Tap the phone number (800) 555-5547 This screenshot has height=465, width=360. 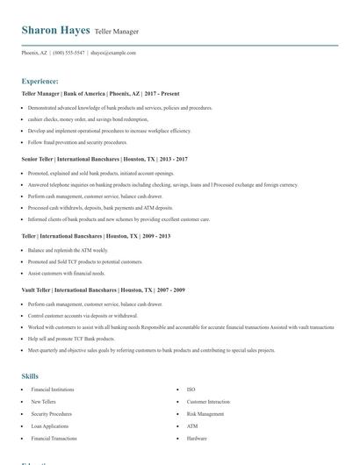pos(68,53)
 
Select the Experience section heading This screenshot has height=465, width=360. pos(40,81)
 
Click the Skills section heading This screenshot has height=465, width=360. pos(30,376)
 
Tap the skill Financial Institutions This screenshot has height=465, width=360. pos(53,389)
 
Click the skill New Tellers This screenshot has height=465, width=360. pos(43,401)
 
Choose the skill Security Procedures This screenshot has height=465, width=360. pos(51,413)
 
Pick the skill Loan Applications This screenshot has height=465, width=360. pos(49,426)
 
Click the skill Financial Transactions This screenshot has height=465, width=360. pos(54,438)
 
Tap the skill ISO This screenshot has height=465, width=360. pos(191,389)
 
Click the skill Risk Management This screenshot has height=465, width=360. pos(205,413)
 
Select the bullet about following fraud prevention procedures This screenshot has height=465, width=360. pos(77,142)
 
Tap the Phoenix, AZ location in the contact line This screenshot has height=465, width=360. pos(35,53)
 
